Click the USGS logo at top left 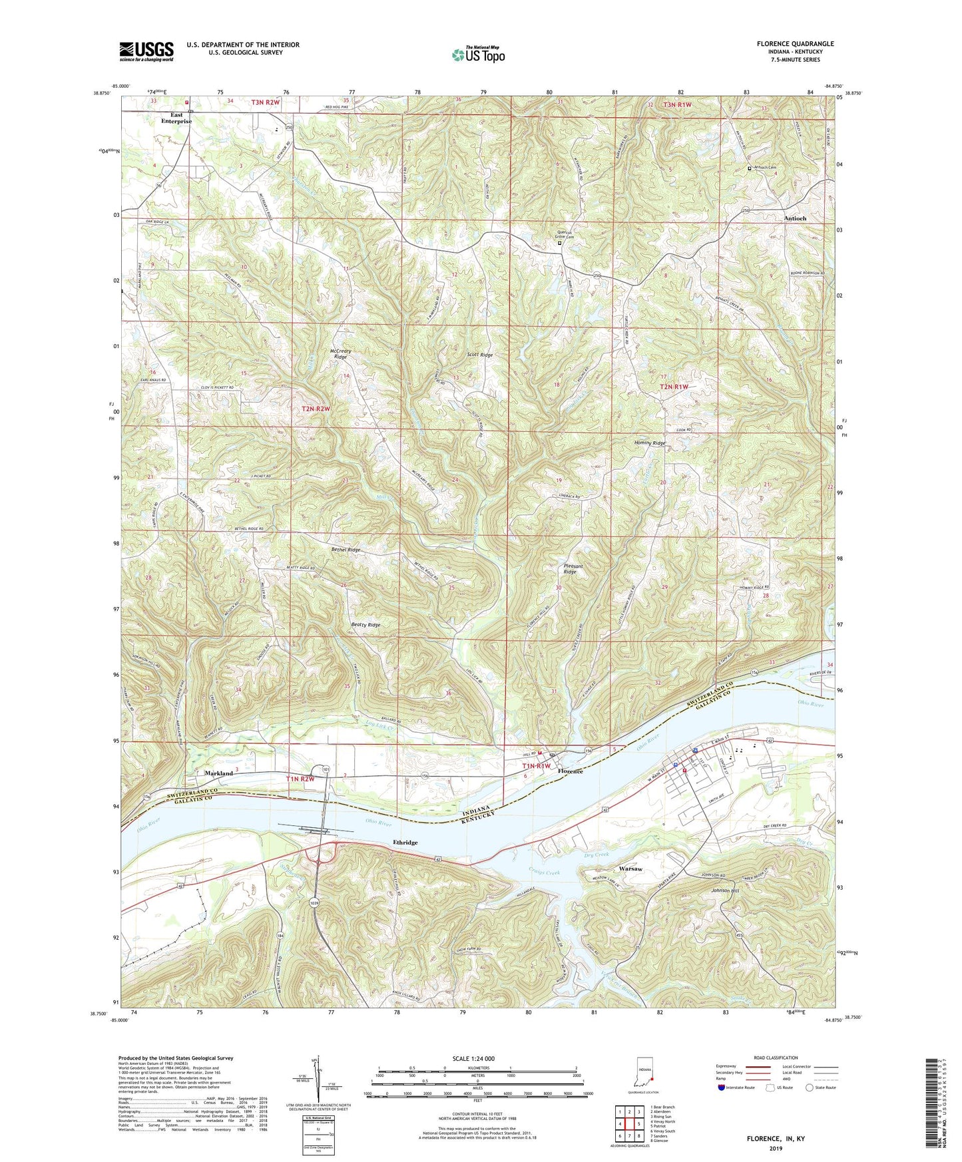pos(146,51)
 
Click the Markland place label pos(219,773)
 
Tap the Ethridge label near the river pos(405,843)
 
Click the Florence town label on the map pos(570,771)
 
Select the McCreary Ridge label pos(338,353)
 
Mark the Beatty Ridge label pos(365,625)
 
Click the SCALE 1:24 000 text pos(477,1059)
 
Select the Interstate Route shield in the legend pos(722,1088)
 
